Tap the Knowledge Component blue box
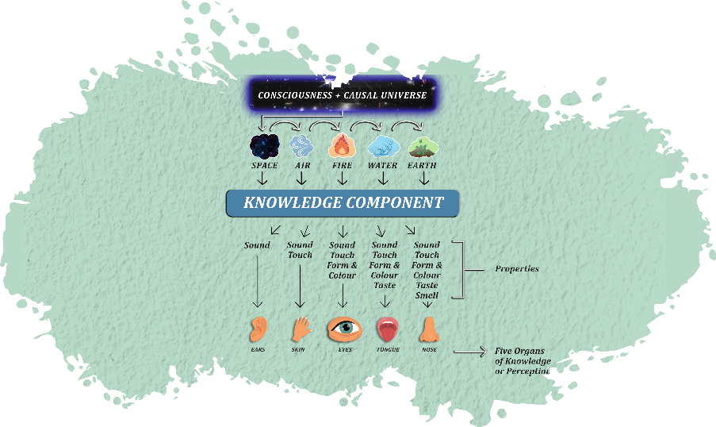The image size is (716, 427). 343,202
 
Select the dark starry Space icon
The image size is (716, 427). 264,146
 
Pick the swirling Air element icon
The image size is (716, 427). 301,145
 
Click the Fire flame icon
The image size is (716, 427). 342,146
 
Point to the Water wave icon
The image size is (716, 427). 383,146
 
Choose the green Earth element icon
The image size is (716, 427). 423,147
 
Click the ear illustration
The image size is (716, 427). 258,329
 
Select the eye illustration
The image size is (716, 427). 343,328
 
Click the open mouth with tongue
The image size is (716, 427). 386,329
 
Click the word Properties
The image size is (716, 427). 517,269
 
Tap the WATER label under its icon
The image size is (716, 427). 384,166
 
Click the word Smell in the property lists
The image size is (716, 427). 427,295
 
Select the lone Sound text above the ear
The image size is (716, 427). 257,245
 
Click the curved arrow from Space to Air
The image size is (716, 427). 281,125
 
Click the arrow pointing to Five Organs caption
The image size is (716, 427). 469,350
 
